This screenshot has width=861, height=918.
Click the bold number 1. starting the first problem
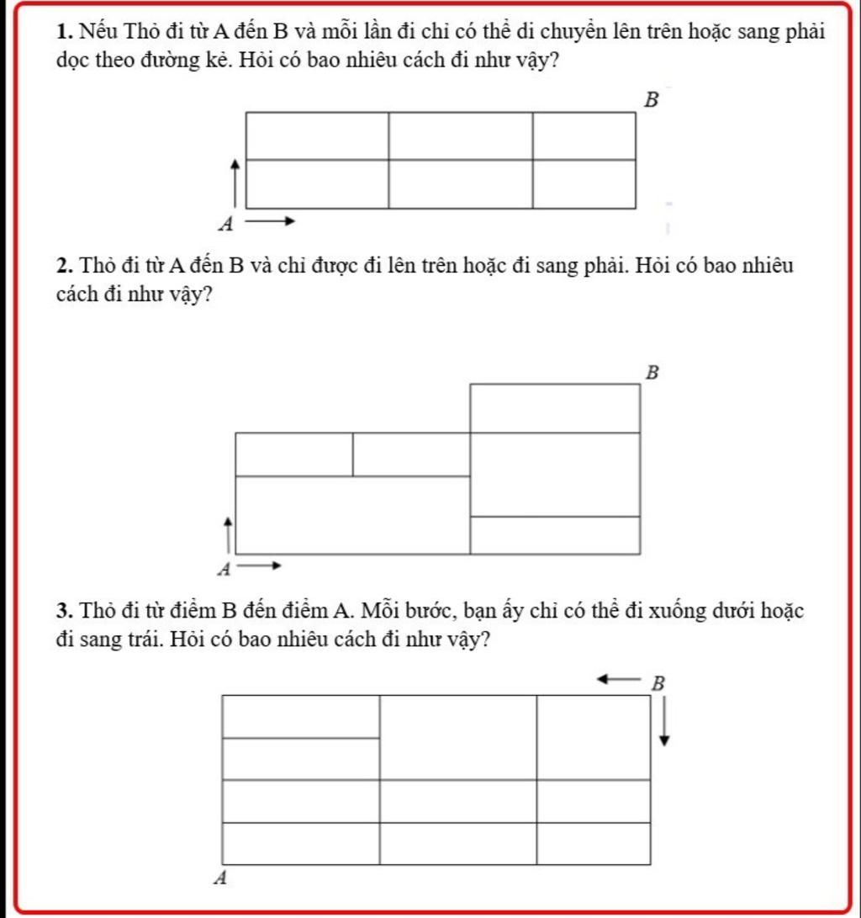pyautogui.click(x=65, y=34)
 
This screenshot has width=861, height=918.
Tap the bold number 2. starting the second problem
pyautogui.click(x=65, y=268)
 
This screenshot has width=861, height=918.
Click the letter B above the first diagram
pyautogui.click(x=650, y=101)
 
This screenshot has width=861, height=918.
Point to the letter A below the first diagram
pyautogui.click(x=224, y=224)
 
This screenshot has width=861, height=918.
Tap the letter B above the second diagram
pyautogui.click(x=650, y=372)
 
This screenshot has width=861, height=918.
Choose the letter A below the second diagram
pyautogui.click(x=224, y=570)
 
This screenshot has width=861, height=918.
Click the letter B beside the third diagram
pyautogui.click(x=658, y=683)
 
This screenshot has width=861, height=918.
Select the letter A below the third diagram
pyautogui.click(x=221, y=878)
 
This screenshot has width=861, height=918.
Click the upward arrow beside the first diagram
pyautogui.click(x=235, y=180)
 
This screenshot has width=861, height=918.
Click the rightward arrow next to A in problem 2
pyautogui.click(x=258, y=566)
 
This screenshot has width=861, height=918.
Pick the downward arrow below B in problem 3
pyautogui.click(x=664, y=722)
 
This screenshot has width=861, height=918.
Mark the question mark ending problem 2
pyautogui.click(x=205, y=296)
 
